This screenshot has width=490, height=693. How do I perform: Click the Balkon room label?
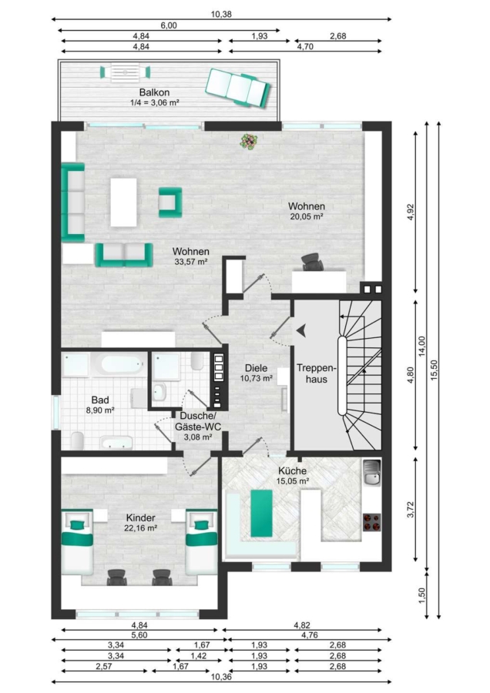pyautogui.click(x=154, y=92)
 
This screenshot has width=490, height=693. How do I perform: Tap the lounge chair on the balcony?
pyautogui.click(x=238, y=88)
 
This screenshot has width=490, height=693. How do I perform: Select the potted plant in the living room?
pyautogui.click(x=249, y=142)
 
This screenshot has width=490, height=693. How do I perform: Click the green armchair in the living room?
pyautogui.click(x=170, y=203)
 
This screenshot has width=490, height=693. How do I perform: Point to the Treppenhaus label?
pyautogui.click(x=317, y=373)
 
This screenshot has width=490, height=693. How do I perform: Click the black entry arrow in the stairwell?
pyautogui.click(x=301, y=330)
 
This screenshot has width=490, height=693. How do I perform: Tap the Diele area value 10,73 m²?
pyautogui.click(x=256, y=378)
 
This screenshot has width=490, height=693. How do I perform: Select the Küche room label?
pyautogui.click(x=292, y=470)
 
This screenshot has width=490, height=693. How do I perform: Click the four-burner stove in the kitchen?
pyautogui.click(x=372, y=522)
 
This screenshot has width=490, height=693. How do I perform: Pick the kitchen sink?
pyautogui.click(x=371, y=473)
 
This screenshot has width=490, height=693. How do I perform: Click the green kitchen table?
pyautogui.click(x=261, y=513)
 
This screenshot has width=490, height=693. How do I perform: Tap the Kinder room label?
pyautogui.click(x=141, y=518)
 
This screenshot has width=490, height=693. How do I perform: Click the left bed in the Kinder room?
pyautogui.click(x=77, y=542)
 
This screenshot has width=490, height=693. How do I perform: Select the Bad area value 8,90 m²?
pyautogui.click(x=100, y=410)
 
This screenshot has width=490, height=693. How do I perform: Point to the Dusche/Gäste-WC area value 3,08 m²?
pyautogui.click(x=198, y=437)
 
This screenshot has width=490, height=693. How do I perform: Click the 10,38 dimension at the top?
pyautogui.click(x=221, y=14)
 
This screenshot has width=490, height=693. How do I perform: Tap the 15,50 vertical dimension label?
pyautogui.click(x=434, y=370)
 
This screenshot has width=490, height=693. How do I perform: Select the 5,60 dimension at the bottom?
pyautogui.click(x=139, y=635)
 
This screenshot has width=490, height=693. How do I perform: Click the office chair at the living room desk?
pyautogui.click(x=313, y=262)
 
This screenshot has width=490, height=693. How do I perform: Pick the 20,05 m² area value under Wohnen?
pyautogui.click(x=307, y=216)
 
